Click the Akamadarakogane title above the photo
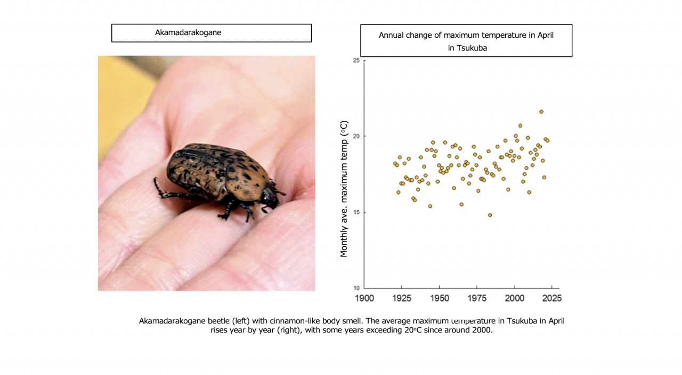(188, 32)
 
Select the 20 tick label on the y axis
(356, 136)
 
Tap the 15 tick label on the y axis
(356, 212)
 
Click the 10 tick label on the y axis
(356, 288)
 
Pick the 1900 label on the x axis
(364, 298)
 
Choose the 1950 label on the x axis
(439, 298)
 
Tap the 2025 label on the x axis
(551, 298)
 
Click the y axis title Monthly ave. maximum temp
(344, 189)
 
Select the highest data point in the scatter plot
(541, 112)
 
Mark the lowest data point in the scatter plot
(490, 215)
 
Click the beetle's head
(269, 197)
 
